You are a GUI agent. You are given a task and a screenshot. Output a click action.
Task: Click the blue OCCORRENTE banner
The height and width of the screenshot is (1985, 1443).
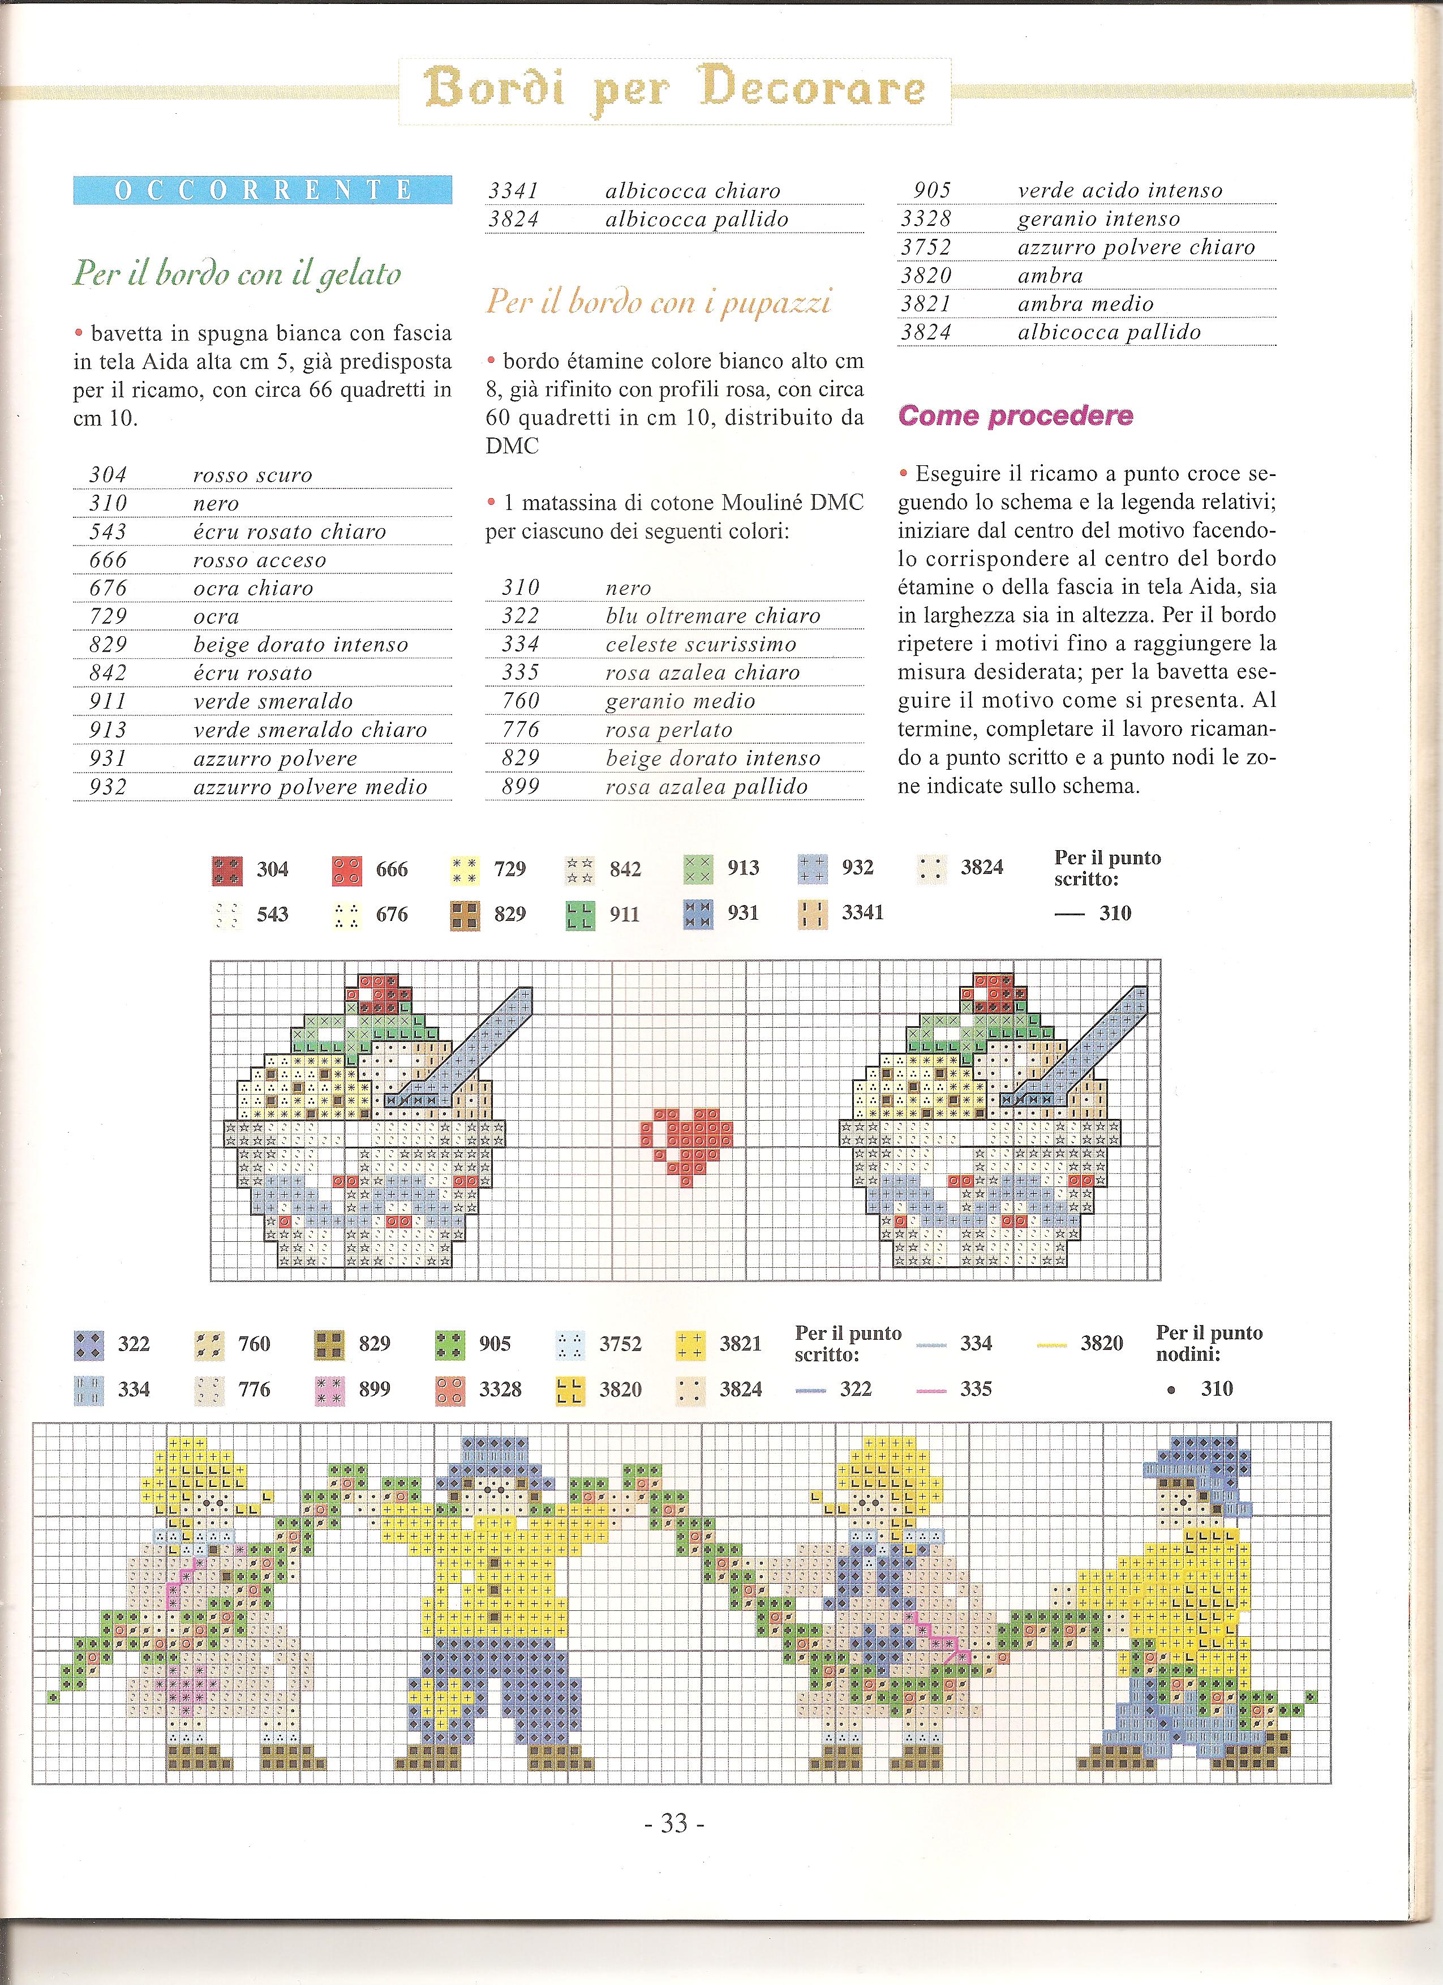[263, 190]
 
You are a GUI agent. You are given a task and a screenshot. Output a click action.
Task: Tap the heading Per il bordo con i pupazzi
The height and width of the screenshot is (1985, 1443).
[658, 302]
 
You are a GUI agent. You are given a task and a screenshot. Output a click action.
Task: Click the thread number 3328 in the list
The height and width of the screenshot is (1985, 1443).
[925, 219]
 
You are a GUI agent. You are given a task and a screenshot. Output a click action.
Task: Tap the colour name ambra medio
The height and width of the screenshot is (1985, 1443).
[1085, 304]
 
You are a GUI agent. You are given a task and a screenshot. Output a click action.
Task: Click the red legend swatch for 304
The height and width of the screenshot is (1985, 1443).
[227, 871]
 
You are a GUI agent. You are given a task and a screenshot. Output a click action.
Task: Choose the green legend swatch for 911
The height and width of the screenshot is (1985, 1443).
[580, 915]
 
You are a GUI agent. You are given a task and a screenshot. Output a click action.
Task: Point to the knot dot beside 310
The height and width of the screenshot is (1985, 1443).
[1171, 1390]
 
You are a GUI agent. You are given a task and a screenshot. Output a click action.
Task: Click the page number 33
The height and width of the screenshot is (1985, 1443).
[674, 1823]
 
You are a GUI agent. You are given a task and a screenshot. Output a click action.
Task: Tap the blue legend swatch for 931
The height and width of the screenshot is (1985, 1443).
[697, 914]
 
